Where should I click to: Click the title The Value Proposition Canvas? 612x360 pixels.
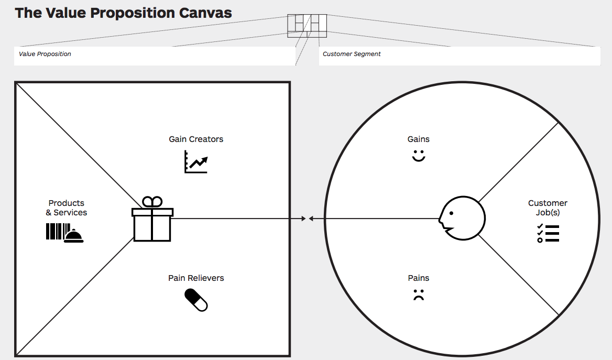pos(123,13)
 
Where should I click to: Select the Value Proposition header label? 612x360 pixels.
pos(45,54)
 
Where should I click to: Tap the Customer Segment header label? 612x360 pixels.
pos(352,54)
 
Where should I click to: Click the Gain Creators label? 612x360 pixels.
pos(196,139)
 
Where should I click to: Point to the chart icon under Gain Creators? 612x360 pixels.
pos(196,162)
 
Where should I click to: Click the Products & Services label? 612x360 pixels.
pos(67,208)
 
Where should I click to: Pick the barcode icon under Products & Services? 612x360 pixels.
pos(57,232)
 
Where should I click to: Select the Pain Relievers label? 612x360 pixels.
pos(196,278)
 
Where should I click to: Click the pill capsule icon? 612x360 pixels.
pos(196,300)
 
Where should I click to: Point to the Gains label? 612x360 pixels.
pos(418,139)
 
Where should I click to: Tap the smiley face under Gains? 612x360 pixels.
pos(418,156)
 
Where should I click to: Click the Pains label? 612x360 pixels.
pos(418,278)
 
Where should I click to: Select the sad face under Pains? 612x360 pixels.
pos(418,295)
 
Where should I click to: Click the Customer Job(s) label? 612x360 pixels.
pos(548,208)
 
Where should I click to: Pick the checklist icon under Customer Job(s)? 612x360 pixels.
pos(548,233)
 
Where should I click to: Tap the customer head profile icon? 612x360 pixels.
pos(461,218)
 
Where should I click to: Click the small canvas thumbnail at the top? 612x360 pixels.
pos(307,26)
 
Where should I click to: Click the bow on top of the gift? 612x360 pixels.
pos(152,202)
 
